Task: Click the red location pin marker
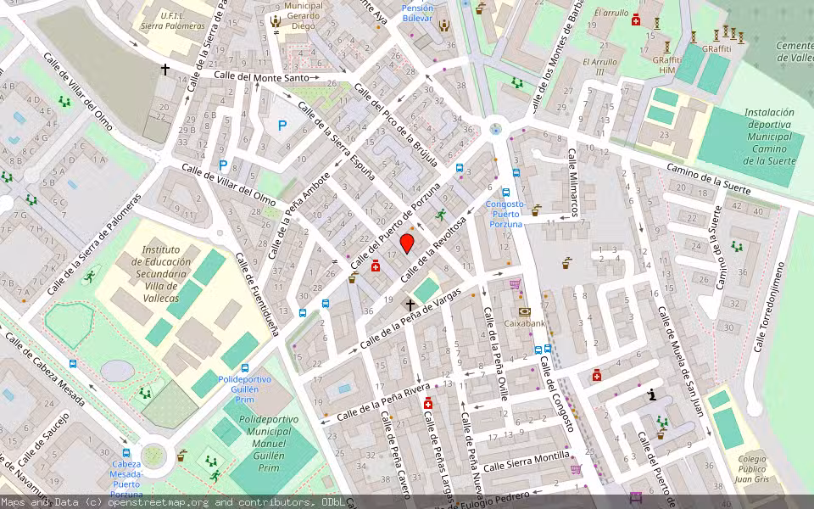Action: pos(407,244)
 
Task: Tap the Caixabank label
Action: pos(526,323)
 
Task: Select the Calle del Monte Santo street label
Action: pos(261,76)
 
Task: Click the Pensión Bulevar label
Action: pos(417,13)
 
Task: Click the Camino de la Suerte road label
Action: pos(709,179)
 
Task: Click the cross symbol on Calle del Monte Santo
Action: pos(165,69)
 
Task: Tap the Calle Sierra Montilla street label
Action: pos(526,461)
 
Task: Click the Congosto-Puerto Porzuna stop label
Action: pos(506,214)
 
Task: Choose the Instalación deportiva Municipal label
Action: pos(769,136)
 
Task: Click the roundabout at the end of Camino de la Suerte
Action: pos(495,130)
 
